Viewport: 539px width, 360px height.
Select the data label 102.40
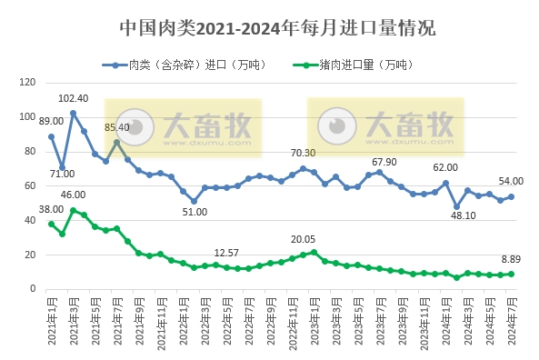[73, 98]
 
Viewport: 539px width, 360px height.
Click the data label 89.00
[51, 121]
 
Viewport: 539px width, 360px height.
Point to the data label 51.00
[194, 212]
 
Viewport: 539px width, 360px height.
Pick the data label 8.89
[512, 259]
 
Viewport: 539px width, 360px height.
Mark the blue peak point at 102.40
[73, 113]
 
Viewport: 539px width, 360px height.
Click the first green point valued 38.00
[51, 224]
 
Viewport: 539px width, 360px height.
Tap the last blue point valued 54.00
[512, 196]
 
